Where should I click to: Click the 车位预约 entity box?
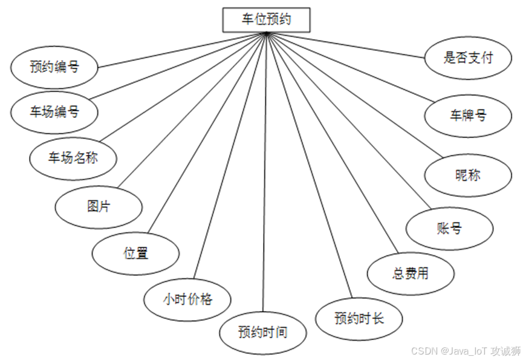tap(266, 19)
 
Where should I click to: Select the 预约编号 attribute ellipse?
tap(54, 66)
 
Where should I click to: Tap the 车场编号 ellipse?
tap(54, 111)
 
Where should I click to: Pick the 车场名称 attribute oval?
tap(73, 159)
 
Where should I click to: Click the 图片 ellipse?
tap(99, 206)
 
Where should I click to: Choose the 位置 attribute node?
tap(135, 253)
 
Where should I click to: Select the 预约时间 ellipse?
tap(262, 332)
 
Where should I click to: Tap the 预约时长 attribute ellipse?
tap(359, 318)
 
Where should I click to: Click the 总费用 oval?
tap(411, 273)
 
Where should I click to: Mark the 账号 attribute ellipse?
tap(449, 228)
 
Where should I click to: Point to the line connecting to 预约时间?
tap(264, 182)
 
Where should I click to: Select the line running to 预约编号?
tap(181, 50)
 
